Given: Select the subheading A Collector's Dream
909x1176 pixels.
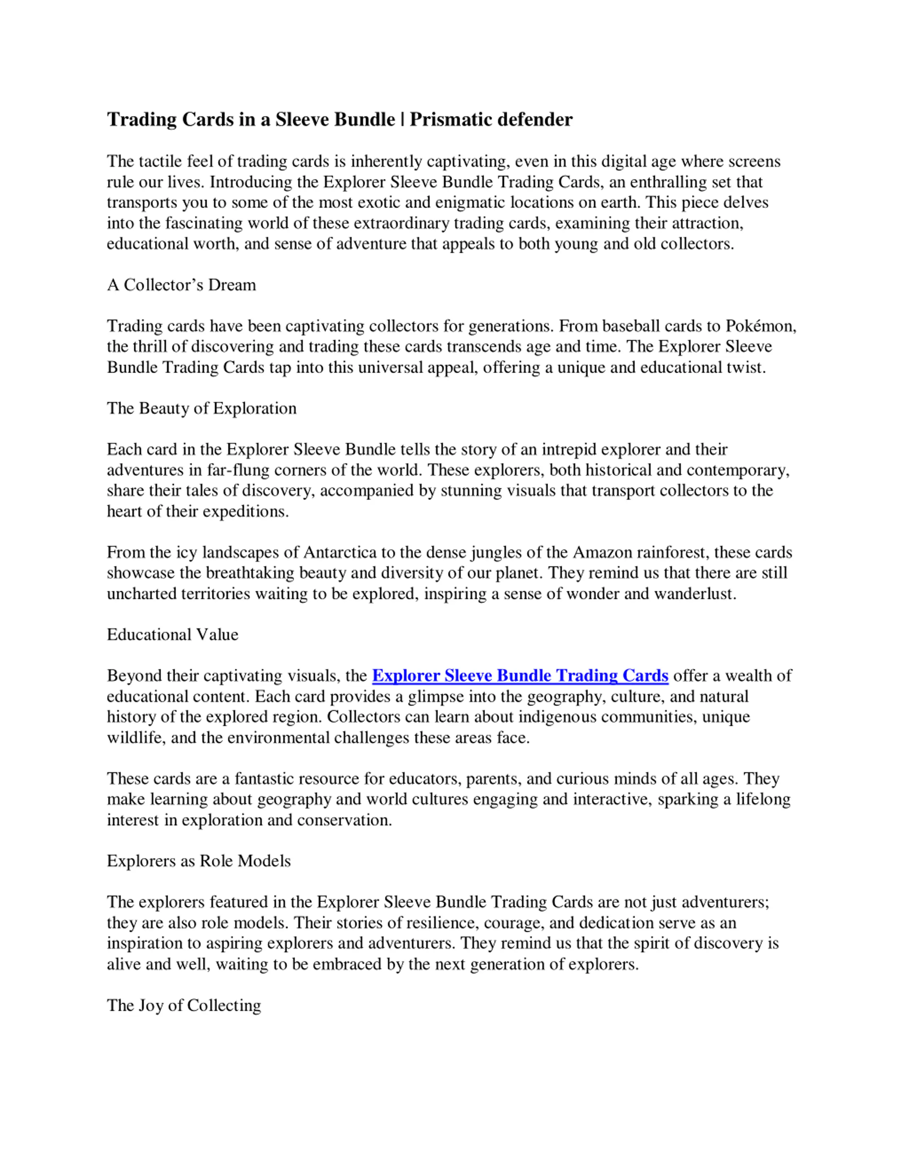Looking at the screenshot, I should click(x=181, y=284).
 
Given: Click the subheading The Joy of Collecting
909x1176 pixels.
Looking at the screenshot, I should click(x=184, y=1005).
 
